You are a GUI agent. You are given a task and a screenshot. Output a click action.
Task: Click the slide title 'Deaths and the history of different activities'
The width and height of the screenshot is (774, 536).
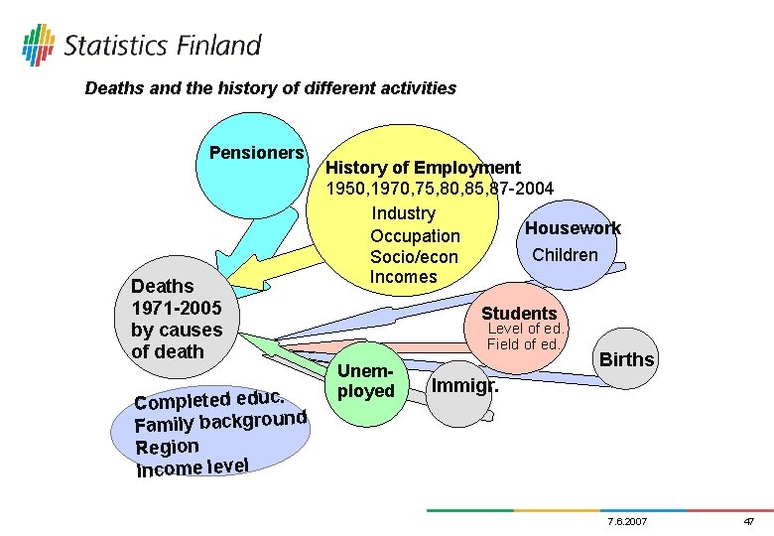[270, 88]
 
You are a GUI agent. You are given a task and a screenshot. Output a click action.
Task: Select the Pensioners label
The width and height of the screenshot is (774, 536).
[256, 153]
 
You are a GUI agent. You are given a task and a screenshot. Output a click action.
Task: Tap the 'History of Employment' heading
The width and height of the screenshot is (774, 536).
[423, 168]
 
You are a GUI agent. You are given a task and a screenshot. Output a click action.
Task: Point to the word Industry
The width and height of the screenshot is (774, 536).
[403, 213]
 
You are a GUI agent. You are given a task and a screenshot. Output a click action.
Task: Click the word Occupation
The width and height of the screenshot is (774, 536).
[415, 236]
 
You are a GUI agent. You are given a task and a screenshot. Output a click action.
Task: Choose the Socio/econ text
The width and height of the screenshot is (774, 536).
[414, 257]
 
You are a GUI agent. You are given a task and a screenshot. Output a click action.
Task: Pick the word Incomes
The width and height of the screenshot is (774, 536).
[403, 277]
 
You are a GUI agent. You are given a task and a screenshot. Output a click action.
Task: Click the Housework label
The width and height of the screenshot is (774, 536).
[573, 228]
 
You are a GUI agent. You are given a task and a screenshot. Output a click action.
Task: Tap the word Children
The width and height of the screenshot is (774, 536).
[565, 255]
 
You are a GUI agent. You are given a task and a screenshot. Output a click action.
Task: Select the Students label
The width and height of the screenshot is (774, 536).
[519, 314]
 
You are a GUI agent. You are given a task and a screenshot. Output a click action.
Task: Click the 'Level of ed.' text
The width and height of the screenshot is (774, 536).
[525, 330]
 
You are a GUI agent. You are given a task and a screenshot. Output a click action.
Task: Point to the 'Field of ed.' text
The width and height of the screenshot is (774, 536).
[524, 344]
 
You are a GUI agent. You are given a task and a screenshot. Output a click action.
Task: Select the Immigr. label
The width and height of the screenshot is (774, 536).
[464, 381]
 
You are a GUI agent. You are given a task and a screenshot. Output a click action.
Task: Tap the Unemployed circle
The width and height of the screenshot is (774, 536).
[365, 381]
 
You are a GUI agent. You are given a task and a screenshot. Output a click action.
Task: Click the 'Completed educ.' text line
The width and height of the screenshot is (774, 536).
[210, 396]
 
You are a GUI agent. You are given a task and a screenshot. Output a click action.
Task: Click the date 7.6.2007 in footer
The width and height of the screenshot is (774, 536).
[625, 521]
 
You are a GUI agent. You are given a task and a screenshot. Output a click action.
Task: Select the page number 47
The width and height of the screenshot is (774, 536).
[748, 521]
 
